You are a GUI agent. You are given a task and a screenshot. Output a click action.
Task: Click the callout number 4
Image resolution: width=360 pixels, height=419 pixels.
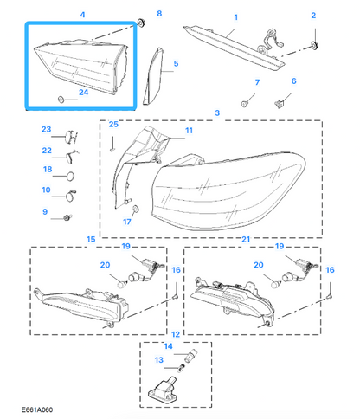[x=82, y=15]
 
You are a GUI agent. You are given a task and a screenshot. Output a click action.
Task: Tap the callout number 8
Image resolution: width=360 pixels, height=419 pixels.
[x=159, y=14]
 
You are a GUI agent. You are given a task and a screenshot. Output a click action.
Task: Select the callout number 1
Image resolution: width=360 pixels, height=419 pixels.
[x=235, y=17]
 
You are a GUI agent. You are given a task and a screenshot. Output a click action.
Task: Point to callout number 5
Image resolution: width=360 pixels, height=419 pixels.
[x=176, y=63]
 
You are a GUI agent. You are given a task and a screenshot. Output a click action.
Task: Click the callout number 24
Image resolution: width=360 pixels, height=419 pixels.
[x=83, y=93]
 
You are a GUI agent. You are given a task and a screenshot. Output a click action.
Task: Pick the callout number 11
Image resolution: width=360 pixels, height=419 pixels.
[x=189, y=131]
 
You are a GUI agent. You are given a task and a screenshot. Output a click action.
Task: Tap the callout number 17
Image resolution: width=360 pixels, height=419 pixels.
[x=127, y=222]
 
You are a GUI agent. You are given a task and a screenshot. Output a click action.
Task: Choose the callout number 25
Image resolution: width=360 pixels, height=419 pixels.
[x=113, y=124]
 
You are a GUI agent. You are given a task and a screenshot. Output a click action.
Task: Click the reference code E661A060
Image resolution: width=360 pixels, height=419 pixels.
[x=37, y=409]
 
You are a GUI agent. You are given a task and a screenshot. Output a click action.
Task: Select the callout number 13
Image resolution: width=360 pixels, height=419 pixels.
[x=159, y=360]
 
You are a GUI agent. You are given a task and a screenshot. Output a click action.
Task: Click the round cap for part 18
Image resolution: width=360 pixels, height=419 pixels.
[x=71, y=177]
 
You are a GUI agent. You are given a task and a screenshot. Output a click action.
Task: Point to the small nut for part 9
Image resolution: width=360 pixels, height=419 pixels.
[x=67, y=217]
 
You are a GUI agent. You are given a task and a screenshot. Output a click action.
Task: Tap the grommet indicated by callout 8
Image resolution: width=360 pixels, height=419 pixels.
[x=141, y=23]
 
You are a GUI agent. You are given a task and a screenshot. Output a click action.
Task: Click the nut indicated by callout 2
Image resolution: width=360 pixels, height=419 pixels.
[x=314, y=45]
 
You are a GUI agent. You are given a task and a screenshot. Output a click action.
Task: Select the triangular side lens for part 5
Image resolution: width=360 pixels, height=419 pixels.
[x=153, y=76]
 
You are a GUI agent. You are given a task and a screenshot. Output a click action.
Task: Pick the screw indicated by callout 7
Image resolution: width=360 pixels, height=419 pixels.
[x=245, y=103]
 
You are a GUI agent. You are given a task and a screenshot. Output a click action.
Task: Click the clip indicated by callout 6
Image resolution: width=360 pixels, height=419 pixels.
[x=279, y=104]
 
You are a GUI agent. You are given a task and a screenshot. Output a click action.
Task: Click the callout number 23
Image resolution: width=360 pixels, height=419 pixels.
[x=46, y=129]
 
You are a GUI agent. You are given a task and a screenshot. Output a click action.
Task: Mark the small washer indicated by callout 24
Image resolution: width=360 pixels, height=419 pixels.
[x=61, y=100]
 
